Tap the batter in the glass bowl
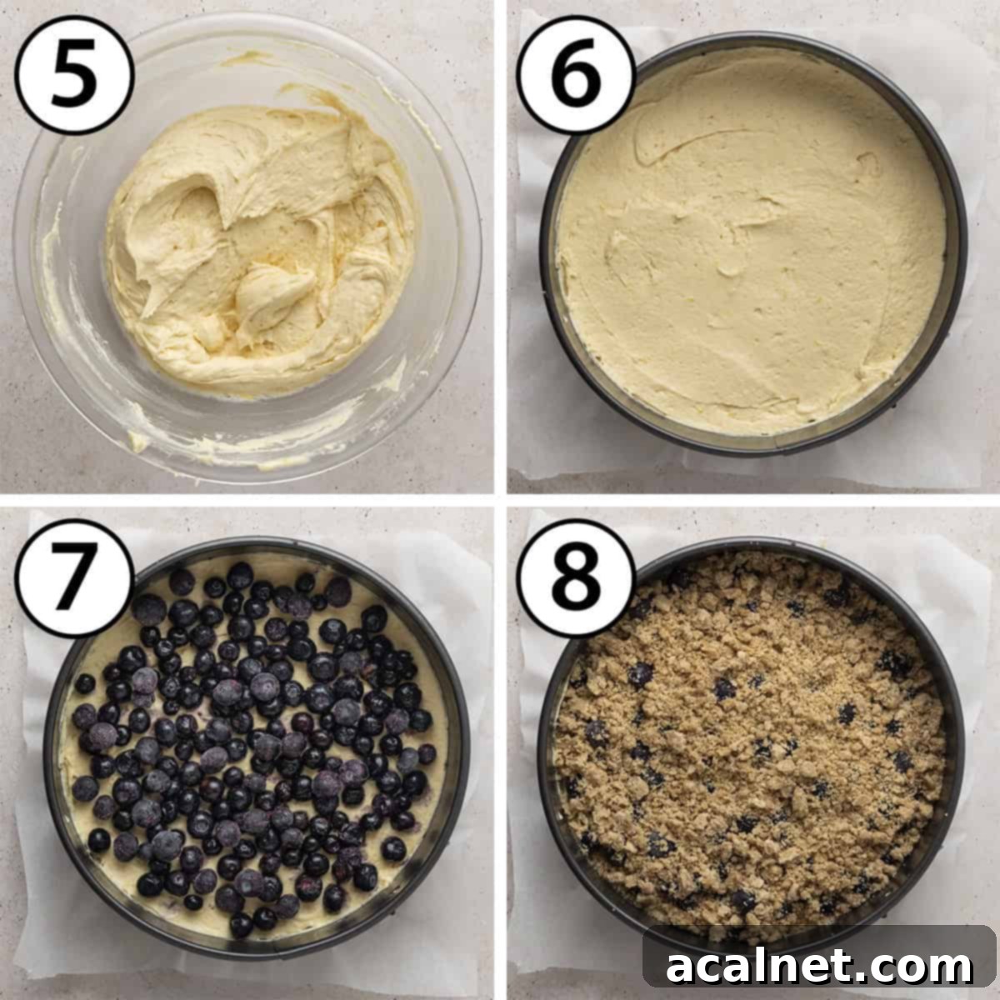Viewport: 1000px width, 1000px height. coord(258,250)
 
